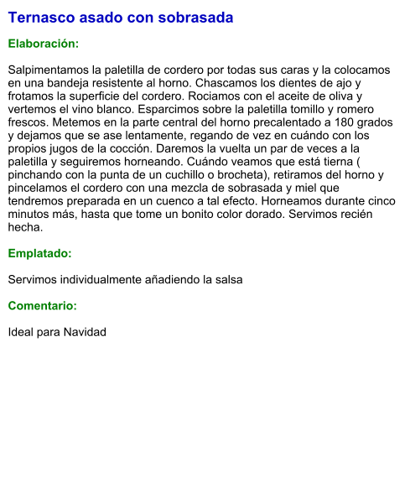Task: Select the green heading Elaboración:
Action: tap(44, 43)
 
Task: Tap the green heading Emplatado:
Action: tap(40, 252)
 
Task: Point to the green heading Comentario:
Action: tap(43, 306)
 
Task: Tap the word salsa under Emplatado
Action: tap(226, 279)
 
